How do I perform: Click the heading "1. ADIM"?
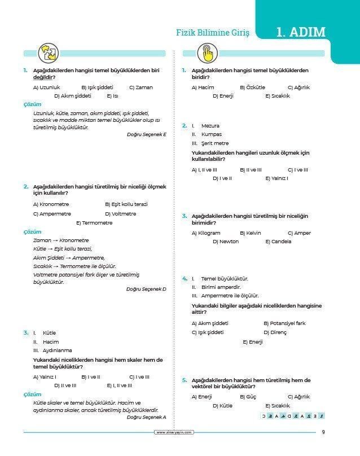tap(301, 32)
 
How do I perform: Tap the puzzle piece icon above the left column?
tap(47, 53)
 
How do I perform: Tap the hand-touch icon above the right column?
tap(207, 54)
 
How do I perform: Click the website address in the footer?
tap(174, 433)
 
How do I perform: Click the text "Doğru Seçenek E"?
tap(147, 134)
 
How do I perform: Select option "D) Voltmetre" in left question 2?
tap(120, 214)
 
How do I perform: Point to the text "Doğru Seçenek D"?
tap(146, 289)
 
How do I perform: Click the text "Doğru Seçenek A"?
tap(147, 417)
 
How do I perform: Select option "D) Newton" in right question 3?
tap(226, 242)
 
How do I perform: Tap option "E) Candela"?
tap(278, 242)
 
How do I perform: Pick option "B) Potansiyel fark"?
tap(284, 323)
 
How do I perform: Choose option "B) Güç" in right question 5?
tap(248, 397)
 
